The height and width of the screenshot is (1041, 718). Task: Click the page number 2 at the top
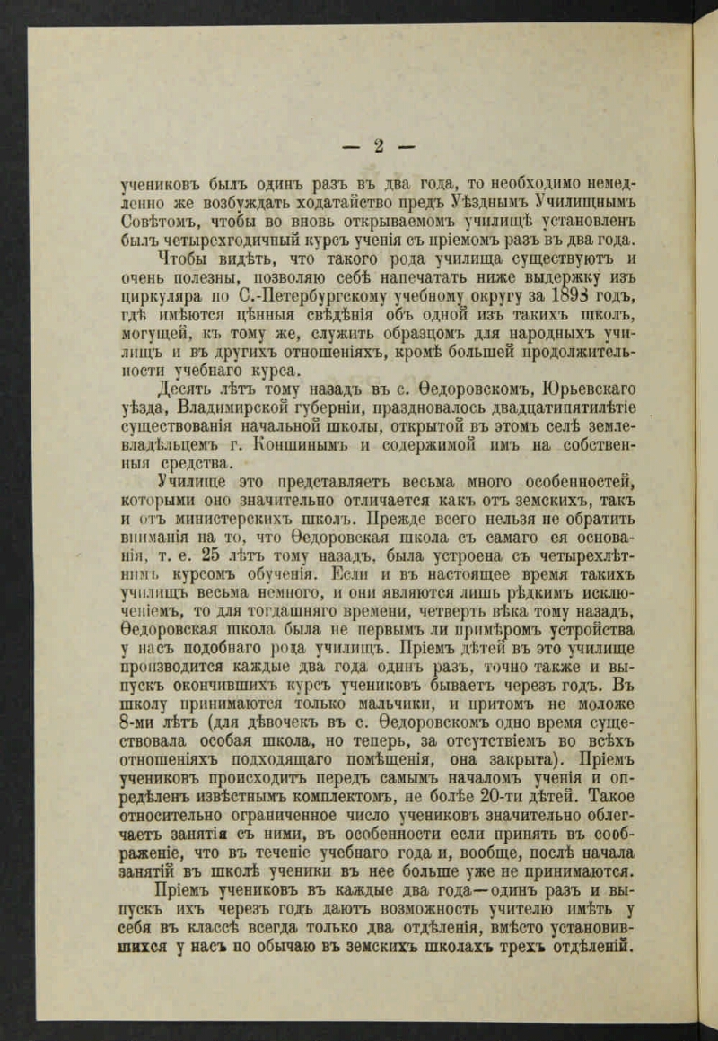pos(378,147)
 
